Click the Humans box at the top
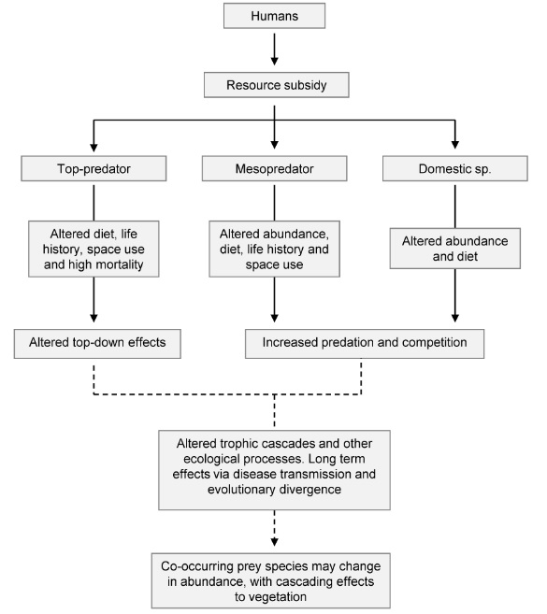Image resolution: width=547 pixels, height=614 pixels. (x=273, y=17)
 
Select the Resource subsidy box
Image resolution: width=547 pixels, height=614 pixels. (x=273, y=86)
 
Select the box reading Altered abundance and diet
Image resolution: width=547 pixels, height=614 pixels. (x=455, y=247)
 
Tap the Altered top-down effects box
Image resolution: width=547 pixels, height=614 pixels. (x=94, y=343)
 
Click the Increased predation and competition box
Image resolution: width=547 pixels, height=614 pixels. (x=365, y=343)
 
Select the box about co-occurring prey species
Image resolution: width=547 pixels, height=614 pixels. (x=273, y=579)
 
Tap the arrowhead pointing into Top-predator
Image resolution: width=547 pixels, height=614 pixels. (x=94, y=148)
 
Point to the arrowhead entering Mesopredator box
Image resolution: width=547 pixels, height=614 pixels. (x=273, y=148)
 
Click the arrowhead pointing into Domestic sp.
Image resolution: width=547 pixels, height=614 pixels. (x=455, y=148)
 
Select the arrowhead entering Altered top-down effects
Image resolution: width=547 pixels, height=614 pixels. (x=94, y=319)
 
